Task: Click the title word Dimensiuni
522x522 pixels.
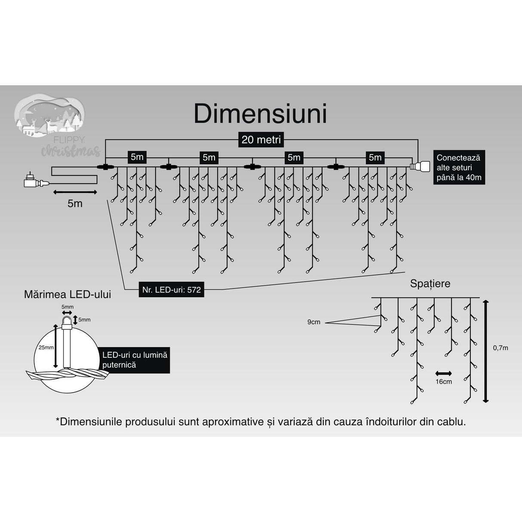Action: click(x=260, y=114)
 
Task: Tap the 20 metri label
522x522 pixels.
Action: click(x=261, y=140)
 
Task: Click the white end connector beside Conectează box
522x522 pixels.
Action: click(x=420, y=166)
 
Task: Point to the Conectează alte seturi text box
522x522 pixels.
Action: click(x=459, y=168)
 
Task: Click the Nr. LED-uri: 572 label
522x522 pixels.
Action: click(x=172, y=289)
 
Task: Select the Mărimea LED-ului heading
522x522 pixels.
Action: click(x=68, y=295)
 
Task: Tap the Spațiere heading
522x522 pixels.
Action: click(x=430, y=284)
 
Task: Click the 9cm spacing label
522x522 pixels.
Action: click(x=313, y=322)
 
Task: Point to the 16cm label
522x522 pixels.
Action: click(x=443, y=382)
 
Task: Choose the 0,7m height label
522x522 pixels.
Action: click(x=500, y=348)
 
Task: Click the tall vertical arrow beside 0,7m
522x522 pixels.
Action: click(x=485, y=351)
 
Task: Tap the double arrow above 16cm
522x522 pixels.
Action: click(x=443, y=373)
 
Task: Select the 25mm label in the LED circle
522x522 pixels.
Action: click(x=46, y=347)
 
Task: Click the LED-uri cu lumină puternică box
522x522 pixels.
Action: click(x=134, y=360)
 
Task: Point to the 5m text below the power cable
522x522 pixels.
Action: click(x=75, y=203)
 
